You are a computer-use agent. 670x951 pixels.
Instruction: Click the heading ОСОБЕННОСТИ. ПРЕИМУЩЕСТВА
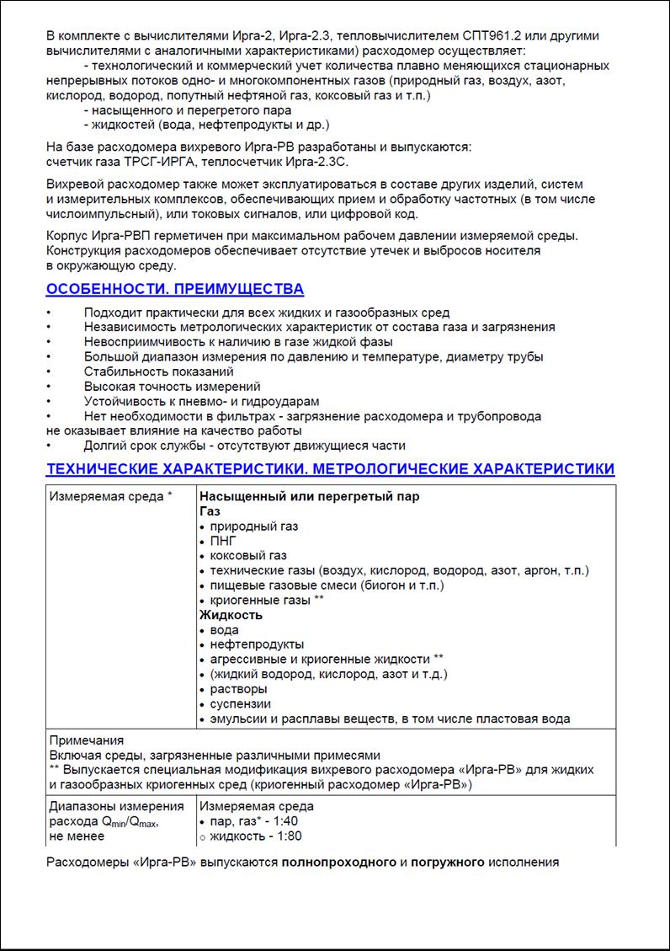[174, 290]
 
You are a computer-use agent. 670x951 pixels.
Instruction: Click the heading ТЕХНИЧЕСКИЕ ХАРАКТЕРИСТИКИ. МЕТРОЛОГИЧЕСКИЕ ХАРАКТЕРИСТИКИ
[330, 469]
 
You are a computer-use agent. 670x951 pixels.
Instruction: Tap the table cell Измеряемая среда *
[110, 496]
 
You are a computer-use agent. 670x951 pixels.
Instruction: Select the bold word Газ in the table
[210, 511]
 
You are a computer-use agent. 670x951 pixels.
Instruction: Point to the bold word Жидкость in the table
[231, 615]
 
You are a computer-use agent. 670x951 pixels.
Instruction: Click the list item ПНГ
[223, 541]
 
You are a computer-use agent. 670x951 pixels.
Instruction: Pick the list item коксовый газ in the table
[248, 556]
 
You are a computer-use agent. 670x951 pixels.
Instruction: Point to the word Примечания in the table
[87, 740]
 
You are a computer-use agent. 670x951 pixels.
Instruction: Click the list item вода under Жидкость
[225, 630]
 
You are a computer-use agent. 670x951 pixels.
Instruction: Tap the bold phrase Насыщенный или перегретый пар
[309, 496]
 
